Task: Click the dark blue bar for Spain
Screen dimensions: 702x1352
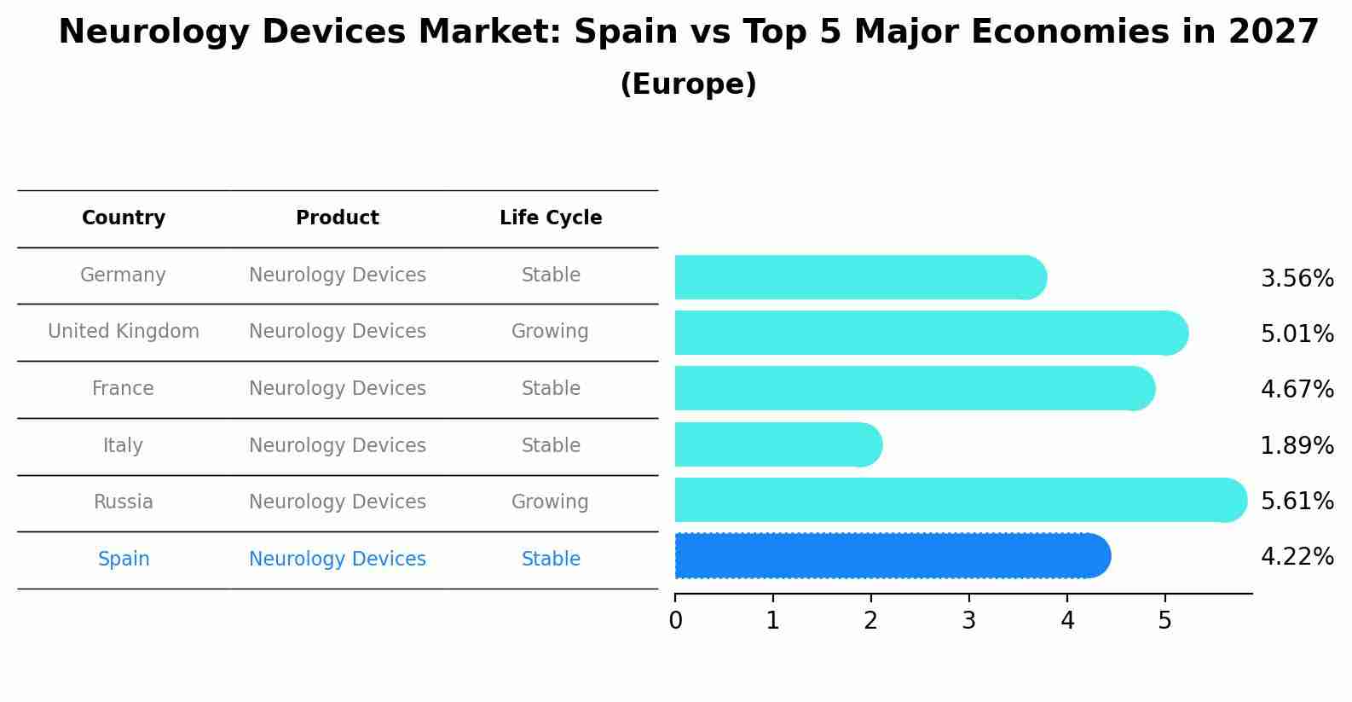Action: pos(891,556)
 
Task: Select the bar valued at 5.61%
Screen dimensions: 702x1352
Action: pos(959,500)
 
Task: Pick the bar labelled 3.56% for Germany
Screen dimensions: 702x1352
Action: pos(859,277)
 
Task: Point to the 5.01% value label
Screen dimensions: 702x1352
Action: pos(1297,334)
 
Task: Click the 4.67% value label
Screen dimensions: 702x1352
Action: pos(1297,390)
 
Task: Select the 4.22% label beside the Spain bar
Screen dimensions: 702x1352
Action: pos(1297,557)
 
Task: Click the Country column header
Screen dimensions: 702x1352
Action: pos(124,218)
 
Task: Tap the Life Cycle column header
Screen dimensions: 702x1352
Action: pos(551,218)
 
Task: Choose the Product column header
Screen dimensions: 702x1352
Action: pos(338,218)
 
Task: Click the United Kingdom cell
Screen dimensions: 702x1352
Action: pos(124,332)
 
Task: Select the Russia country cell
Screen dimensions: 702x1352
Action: pos(124,502)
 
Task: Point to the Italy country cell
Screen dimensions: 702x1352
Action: pos(123,445)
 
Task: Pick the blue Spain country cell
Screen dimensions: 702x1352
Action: pos(124,560)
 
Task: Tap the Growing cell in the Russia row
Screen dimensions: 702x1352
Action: pos(550,502)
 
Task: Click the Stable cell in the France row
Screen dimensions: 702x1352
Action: pos(551,389)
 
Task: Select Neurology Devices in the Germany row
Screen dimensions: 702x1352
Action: pos(338,276)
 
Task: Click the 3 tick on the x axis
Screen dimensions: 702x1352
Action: pos(968,621)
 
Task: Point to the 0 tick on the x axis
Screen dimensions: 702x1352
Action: pos(676,621)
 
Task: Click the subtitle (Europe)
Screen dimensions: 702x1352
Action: pos(688,84)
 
